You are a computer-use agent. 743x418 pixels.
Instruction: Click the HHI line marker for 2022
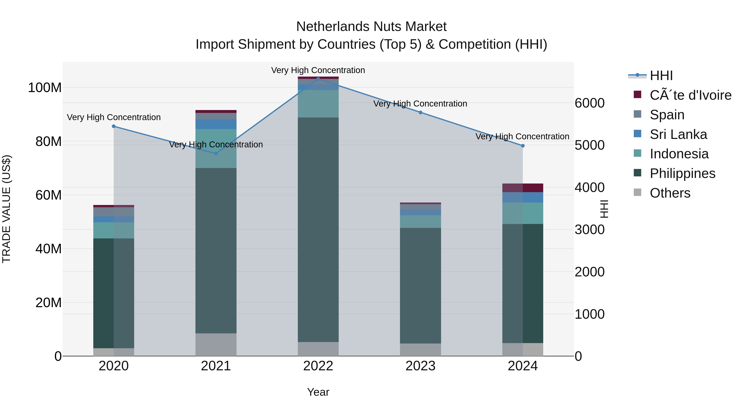[x=318, y=79]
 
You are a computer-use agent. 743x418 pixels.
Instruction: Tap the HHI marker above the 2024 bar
[x=523, y=146]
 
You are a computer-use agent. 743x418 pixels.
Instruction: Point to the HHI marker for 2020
[x=114, y=126]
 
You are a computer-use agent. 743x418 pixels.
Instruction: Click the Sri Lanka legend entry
[x=678, y=134]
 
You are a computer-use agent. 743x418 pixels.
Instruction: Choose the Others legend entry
[x=670, y=193]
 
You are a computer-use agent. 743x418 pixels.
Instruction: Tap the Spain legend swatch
[x=638, y=114]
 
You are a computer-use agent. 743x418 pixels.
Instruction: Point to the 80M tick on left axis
[x=49, y=141]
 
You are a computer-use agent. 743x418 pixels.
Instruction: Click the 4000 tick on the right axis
[x=589, y=187]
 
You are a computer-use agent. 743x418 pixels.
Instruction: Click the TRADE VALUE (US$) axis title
[x=6, y=209]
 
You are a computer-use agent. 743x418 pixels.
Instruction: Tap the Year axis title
[x=318, y=392]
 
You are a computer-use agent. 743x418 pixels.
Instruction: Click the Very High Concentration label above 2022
[x=318, y=70]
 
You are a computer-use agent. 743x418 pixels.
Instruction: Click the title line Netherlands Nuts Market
[x=371, y=27]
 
